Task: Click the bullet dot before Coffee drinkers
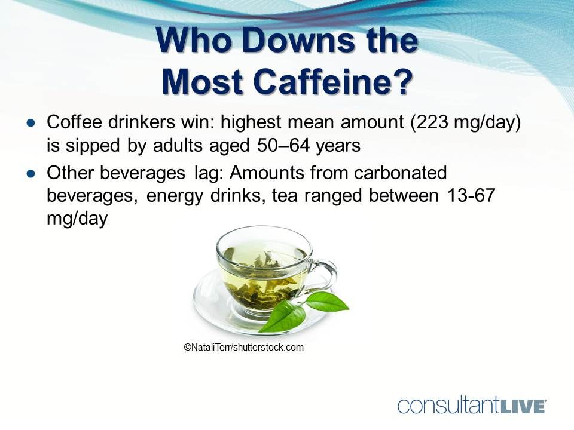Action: pos(31,122)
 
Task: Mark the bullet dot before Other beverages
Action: pos(31,173)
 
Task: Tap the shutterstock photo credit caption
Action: pos(244,347)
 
